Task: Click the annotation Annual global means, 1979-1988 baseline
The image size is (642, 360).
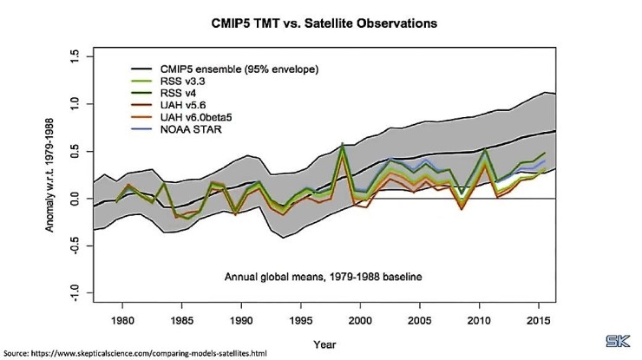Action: pos(357,278)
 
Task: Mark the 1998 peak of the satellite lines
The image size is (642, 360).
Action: pos(344,145)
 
